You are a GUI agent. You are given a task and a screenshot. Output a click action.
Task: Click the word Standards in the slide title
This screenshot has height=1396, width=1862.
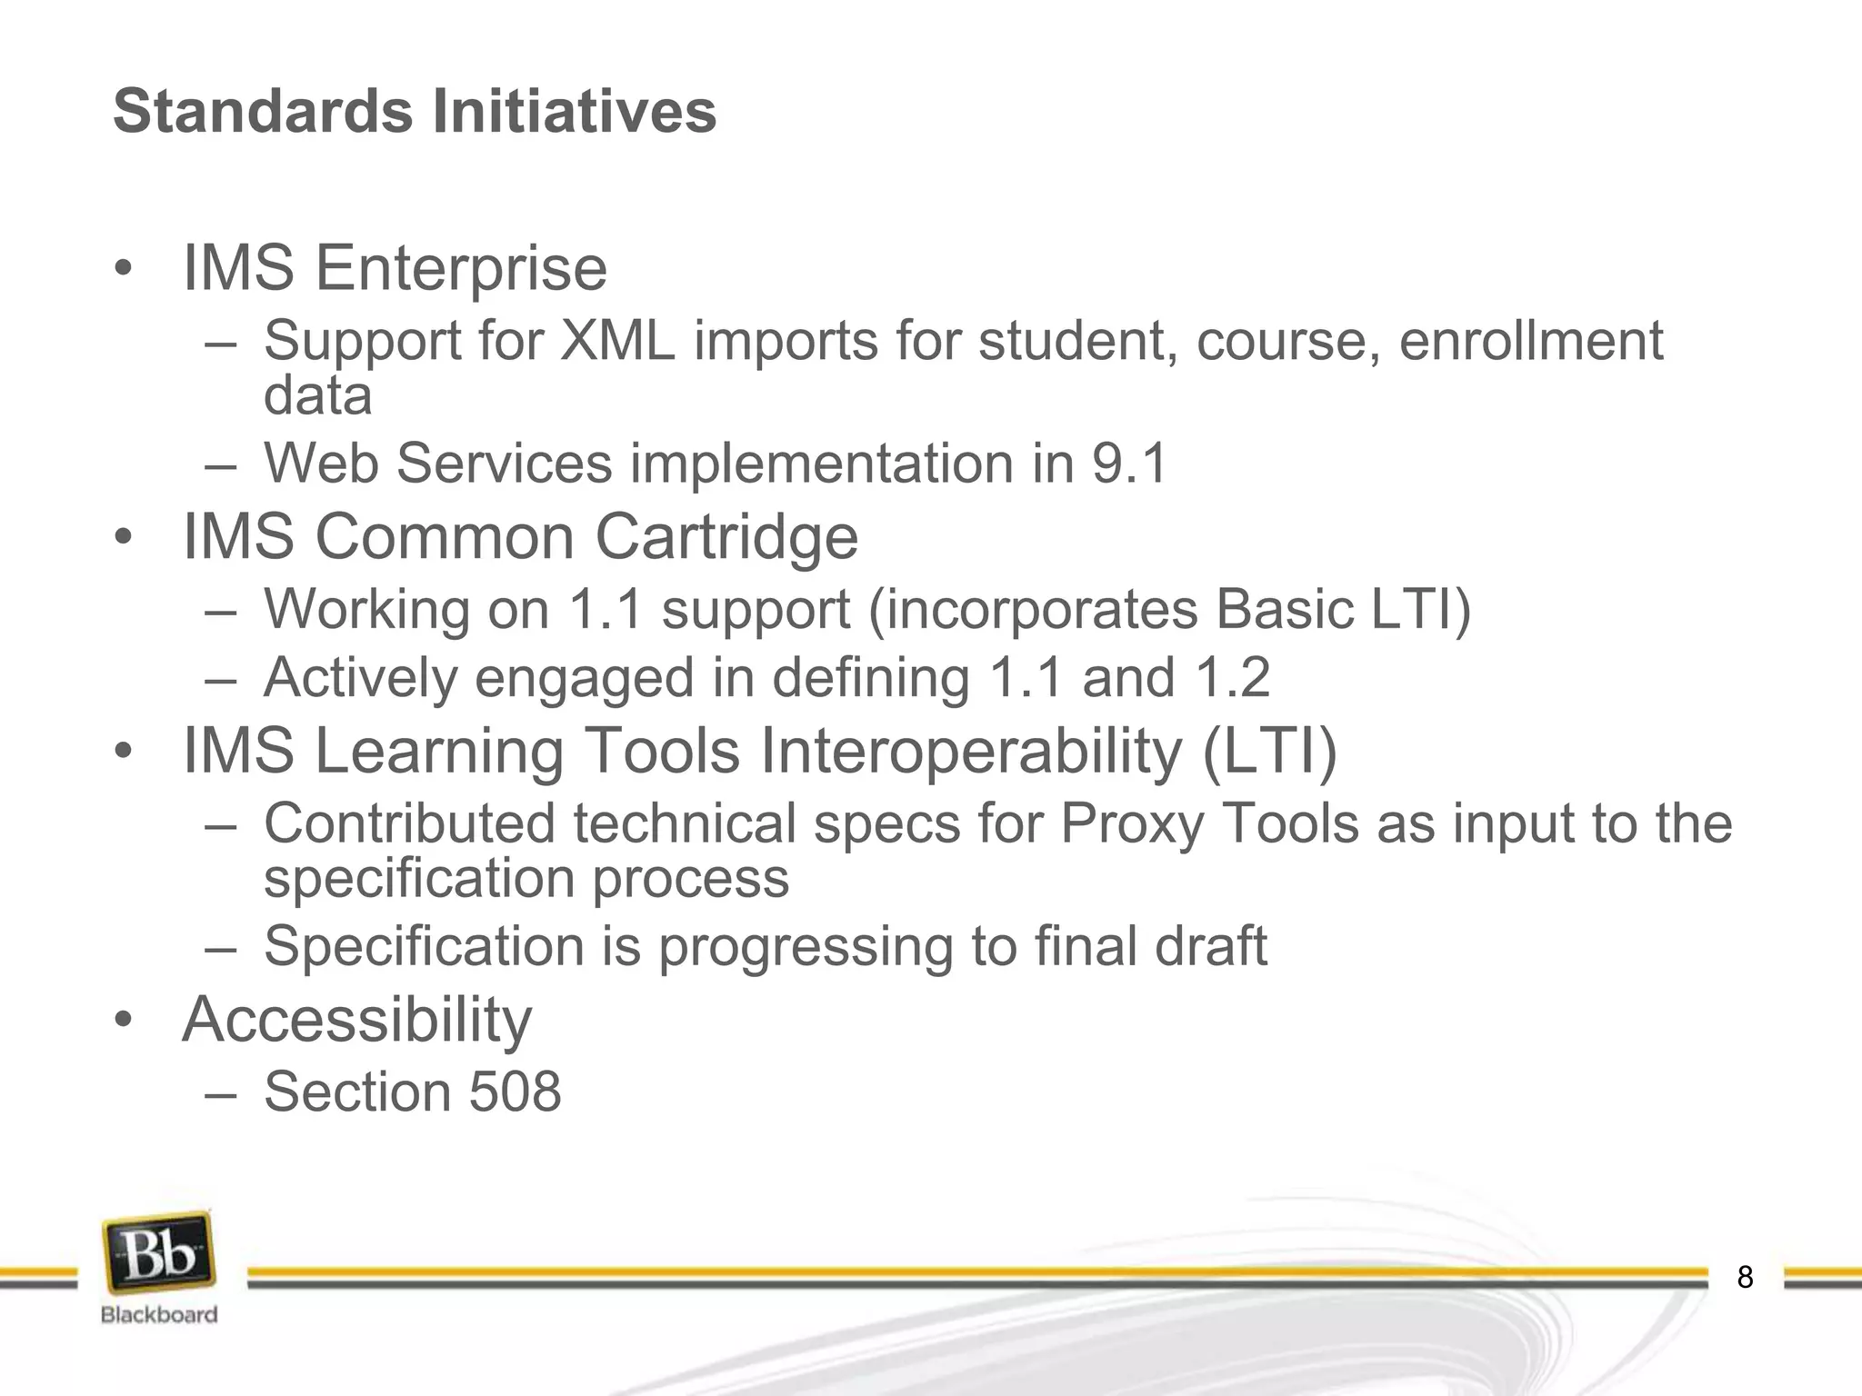(263, 112)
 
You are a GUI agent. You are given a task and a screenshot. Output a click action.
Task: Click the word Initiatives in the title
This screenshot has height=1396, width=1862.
(574, 112)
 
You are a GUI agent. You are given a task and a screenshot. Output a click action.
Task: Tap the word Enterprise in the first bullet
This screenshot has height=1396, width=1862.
(461, 269)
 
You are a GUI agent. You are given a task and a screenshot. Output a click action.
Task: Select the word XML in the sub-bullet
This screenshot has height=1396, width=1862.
(617, 342)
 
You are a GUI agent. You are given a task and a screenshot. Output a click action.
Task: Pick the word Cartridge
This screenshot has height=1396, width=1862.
(726, 537)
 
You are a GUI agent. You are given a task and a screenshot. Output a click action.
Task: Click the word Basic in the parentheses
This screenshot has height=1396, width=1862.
(1284, 609)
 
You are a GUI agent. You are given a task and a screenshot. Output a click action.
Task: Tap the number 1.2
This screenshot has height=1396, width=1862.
(1233, 678)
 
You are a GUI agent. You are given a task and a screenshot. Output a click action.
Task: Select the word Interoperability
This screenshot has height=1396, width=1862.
(971, 752)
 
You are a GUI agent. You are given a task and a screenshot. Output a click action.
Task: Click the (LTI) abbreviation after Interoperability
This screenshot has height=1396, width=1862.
(1270, 752)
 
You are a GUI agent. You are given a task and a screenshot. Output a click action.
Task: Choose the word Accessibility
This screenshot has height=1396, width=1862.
(357, 1020)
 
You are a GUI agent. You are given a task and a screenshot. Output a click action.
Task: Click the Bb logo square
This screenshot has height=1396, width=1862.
(160, 1252)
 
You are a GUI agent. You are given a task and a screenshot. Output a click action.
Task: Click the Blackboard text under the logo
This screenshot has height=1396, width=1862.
(159, 1314)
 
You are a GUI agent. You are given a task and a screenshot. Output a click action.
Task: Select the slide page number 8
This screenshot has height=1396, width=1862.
(1745, 1277)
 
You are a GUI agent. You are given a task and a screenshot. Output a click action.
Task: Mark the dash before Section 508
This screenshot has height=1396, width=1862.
(221, 1093)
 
